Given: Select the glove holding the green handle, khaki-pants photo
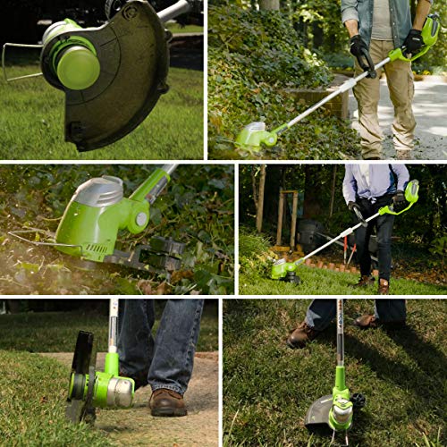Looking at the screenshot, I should (413, 41).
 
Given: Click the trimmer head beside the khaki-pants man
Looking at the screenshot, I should (254, 138).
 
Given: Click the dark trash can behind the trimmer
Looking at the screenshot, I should (309, 234).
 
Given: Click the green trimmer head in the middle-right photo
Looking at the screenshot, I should (284, 269).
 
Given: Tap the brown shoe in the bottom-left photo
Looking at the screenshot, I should (167, 402).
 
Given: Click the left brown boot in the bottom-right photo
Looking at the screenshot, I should (303, 334).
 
